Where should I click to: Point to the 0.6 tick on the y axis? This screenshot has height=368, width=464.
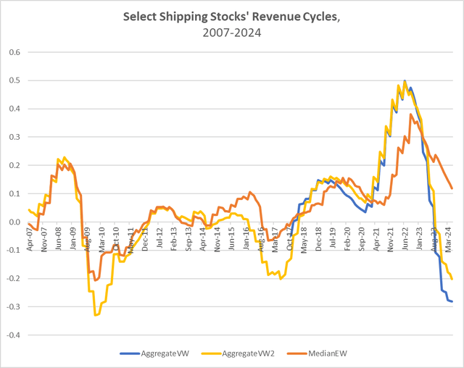point(14,53)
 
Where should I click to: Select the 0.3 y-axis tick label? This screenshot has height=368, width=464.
point(14,138)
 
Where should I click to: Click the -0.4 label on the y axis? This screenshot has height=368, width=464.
point(12,335)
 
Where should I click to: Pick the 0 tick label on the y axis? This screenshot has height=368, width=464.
point(17,222)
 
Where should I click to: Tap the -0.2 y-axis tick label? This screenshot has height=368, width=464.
point(12,279)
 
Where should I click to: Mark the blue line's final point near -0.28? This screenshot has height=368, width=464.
point(452,301)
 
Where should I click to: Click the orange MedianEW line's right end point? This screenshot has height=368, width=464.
point(452,188)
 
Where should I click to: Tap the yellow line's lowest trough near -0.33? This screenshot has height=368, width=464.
point(95,315)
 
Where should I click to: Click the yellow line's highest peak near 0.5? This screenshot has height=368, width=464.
point(404,81)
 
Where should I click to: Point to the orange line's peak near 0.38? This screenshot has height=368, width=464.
point(411,114)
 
